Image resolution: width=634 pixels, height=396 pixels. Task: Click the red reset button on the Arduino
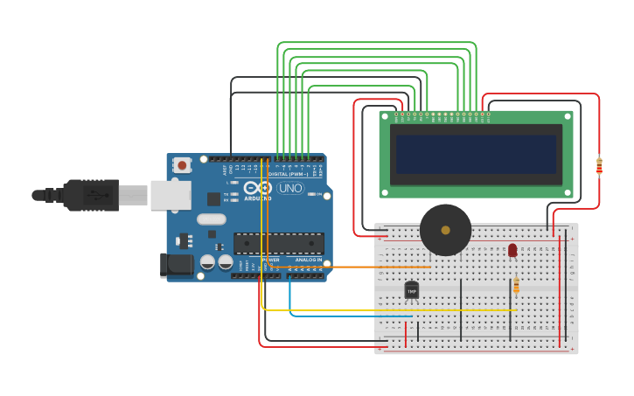coord(182,164)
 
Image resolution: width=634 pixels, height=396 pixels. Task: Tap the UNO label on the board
coord(290,188)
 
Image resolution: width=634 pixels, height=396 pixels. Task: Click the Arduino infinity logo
coord(258,188)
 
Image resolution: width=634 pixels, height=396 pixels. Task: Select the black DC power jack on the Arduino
coord(176,265)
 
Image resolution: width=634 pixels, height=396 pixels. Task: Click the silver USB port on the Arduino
coord(171,195)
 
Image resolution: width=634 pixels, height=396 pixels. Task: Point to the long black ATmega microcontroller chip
coord(279,243)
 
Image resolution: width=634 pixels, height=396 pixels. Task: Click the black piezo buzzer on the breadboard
coord(445,230)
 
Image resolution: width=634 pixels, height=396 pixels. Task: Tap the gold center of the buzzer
coord(445,230)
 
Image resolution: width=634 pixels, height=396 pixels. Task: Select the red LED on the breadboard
coord(512,251)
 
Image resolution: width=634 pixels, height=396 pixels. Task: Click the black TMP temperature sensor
coord(412,289)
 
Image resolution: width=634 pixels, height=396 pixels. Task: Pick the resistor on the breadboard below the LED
coord(516,285)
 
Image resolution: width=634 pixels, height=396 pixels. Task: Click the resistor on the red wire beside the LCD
coord(599,165)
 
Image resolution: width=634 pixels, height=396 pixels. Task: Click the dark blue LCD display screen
coord(476,155)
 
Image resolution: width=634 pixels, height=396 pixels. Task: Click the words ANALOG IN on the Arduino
coord(308,260)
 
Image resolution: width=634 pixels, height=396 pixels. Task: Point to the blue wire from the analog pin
coord(350,316)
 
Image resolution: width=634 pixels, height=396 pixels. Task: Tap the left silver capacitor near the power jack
coord(207,261)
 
